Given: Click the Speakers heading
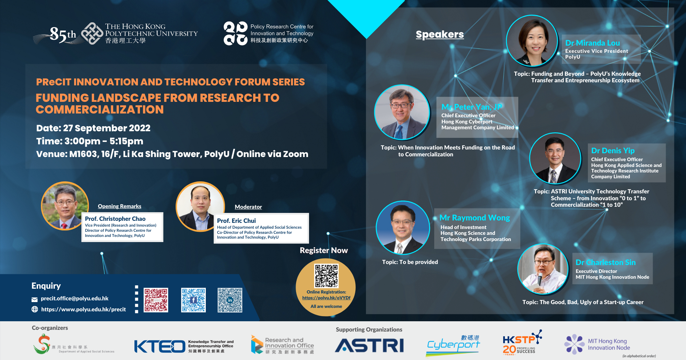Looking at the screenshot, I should coord(440,34).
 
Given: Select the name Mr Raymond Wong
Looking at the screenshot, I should coord(475,218).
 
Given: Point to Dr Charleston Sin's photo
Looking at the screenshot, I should coord(543,269).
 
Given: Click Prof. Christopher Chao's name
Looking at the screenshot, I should coord(115,219).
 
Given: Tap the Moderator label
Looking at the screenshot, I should coord(248,207).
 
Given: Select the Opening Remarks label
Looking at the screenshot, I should coord(119,206).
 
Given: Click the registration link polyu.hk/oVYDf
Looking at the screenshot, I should coord(326,298).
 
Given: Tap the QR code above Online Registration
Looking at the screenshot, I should coord(327,276).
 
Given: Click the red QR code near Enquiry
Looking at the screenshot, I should coord(156,300).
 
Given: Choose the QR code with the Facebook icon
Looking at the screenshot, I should coord(193,300).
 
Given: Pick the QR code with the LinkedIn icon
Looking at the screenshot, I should coord(230,300).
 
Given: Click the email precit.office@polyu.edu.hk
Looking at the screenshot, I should coord(74,298).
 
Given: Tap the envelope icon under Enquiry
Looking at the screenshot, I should coord(35,299).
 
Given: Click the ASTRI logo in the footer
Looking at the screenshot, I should coord(369,345).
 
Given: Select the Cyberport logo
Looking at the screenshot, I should coord(453,345).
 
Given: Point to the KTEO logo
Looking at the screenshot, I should coord(160,346).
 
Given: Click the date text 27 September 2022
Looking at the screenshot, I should coord(107,128).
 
